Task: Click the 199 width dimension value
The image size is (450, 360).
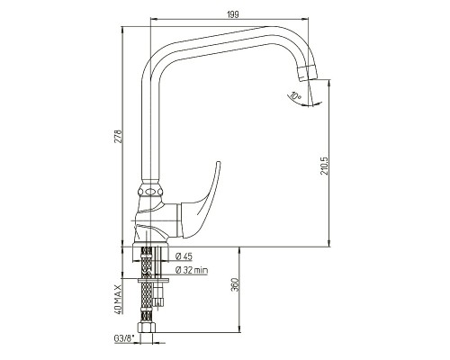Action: (233, 14)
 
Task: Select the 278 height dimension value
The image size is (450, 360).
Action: (119, 136)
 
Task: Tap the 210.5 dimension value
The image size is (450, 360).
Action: (325, 166)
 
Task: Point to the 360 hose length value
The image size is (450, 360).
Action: (235, 285)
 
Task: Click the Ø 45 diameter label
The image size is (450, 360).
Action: (184, 256)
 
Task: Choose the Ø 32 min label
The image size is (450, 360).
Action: (191, 270)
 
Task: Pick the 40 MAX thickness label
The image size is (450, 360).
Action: (119, 299)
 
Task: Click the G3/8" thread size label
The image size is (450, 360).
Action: (123, 338)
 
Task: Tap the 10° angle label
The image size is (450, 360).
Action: (295, 96)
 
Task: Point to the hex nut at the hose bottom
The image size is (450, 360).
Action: (146, 328)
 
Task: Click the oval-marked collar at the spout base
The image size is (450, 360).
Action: (150, 192)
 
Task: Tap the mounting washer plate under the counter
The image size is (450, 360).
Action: (154, 281)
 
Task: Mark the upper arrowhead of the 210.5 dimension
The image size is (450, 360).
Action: (329, 83)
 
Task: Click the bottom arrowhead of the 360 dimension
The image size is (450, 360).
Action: (239, 328)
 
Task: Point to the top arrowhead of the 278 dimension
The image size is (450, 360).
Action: (122, 31)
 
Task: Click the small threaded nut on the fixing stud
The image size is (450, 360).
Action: (158, 301)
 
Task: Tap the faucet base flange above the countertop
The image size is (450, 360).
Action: (150, 243)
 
